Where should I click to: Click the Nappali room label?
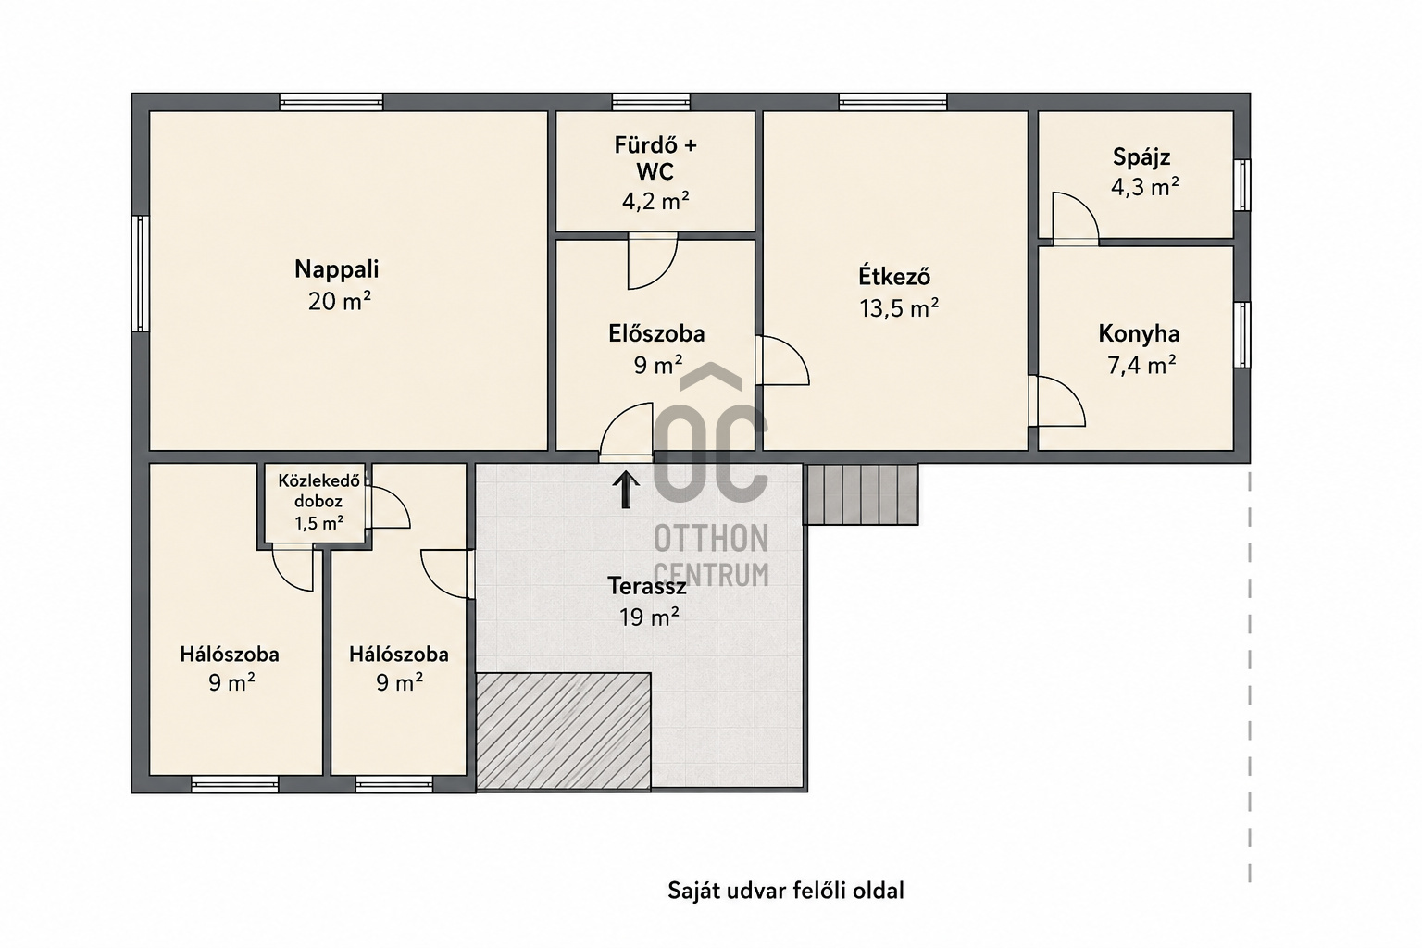point(336,269)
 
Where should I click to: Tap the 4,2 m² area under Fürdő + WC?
point(655,201)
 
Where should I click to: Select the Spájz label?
point(1141,156)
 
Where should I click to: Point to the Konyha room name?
point(1139,334)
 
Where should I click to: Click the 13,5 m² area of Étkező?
point(899,308)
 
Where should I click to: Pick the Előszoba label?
point(656,334)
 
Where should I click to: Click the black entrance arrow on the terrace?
point(625,490)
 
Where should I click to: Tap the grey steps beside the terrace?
point(860,494)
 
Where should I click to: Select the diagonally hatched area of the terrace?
point(564,730)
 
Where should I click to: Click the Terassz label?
point(647,586)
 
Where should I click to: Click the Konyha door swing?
point(1057,401)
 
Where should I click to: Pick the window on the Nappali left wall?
point(141,273)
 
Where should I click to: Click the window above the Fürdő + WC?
point(651,102)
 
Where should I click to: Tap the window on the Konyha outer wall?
point(1242,334)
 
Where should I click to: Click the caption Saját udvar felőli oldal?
point(785,891)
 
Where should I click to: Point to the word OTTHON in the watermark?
point(711,539)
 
